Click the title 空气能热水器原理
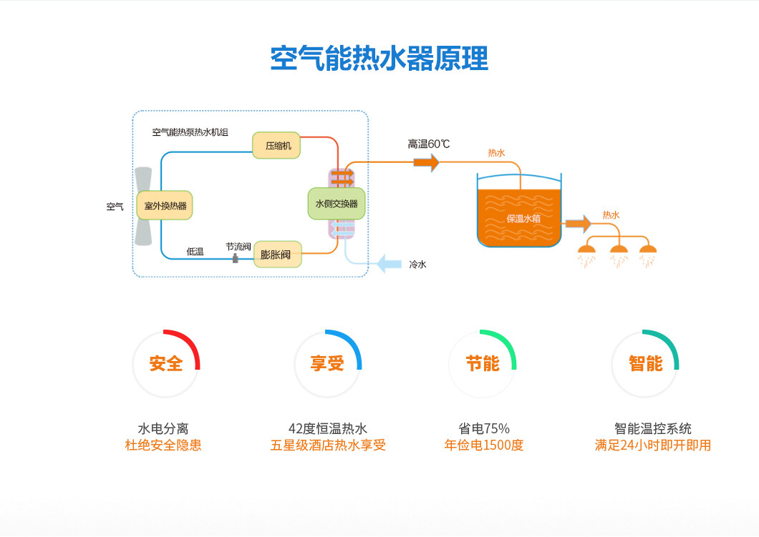point(379,59)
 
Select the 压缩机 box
point(276,145)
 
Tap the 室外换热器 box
point(165,205)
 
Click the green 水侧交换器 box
point(337,203)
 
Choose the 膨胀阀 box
point(277,254)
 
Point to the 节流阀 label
point(238,246)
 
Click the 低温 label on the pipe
point(195,252)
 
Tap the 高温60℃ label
point(429,144)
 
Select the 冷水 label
point(417,265)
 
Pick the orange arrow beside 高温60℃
point(426,162)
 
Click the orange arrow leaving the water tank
point(578,224)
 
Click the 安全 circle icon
point(166,363)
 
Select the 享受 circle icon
point(327,363)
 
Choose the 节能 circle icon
point(482,363)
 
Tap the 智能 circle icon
point(645,363)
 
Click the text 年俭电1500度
point(484,445)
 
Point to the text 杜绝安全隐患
point(163,445)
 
